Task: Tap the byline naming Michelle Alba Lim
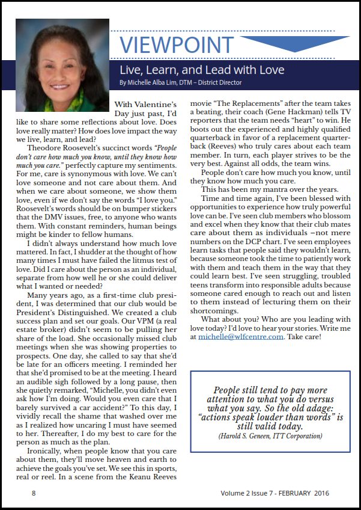[x=180, y=82]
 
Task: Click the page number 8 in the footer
[x=34, y=494]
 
